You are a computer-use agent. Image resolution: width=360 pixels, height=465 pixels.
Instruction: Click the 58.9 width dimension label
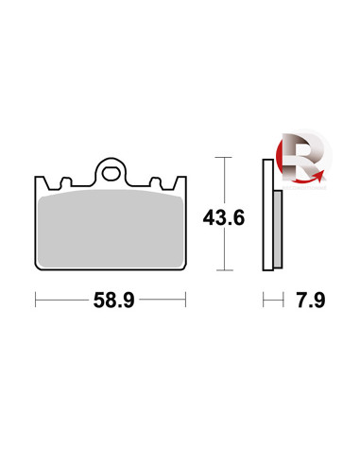[113, 300]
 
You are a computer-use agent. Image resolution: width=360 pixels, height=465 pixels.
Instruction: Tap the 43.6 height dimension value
[224, 217]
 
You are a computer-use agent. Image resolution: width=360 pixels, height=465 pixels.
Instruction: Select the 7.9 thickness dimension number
[311, 300]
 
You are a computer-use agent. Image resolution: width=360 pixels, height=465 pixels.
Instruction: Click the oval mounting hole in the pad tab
[110, 174]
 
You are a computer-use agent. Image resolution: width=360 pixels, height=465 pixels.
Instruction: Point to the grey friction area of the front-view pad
[111, 229]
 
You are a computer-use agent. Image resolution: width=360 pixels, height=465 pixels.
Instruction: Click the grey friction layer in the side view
[278, 229]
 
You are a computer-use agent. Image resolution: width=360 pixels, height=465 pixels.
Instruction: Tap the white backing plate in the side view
[268, 215]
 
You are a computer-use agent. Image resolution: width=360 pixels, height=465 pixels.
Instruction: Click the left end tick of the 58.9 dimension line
[36, 300]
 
